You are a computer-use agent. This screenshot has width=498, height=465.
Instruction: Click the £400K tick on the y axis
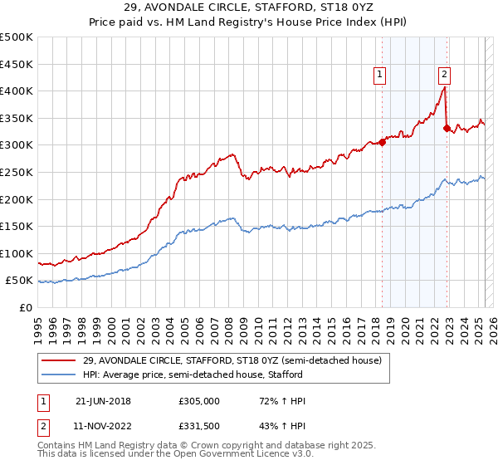point(17,91)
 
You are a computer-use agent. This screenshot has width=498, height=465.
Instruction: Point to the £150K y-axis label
point(17,226)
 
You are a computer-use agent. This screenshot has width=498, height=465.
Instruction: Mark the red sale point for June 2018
point(383,142)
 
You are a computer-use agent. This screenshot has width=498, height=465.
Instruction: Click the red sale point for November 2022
point(447,128)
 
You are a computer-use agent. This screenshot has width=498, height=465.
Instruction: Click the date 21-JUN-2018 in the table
point(103,401)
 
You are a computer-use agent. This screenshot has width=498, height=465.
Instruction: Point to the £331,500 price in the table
point(198,425)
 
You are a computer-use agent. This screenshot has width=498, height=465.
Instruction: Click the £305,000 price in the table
point(198,401)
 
